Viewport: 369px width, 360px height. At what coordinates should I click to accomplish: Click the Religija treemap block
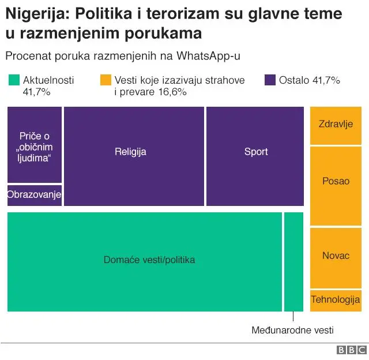[x=134, y=156]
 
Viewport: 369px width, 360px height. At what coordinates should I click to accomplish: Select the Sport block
[x=255, y=156]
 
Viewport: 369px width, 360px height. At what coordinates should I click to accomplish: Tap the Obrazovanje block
[x=34, y=196]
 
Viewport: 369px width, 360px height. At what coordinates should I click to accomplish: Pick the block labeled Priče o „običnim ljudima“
[x=34, y=144]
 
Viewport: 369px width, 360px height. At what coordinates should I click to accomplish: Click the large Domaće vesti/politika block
[x=144, y=261]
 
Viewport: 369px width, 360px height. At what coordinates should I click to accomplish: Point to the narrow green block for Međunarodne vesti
[x=293, y=261]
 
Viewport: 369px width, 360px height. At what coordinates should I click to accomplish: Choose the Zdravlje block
[x=336, y=125]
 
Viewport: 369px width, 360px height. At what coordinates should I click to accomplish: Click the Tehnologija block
[x=336, y=300]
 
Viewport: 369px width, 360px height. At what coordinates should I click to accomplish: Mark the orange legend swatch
[x=106, y=80]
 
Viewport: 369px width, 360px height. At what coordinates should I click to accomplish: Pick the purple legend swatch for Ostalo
[x=270, y=80]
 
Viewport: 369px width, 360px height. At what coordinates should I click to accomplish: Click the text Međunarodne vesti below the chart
[x=292, y=331]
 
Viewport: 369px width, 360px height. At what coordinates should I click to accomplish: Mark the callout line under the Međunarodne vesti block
[x=293, y=317]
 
